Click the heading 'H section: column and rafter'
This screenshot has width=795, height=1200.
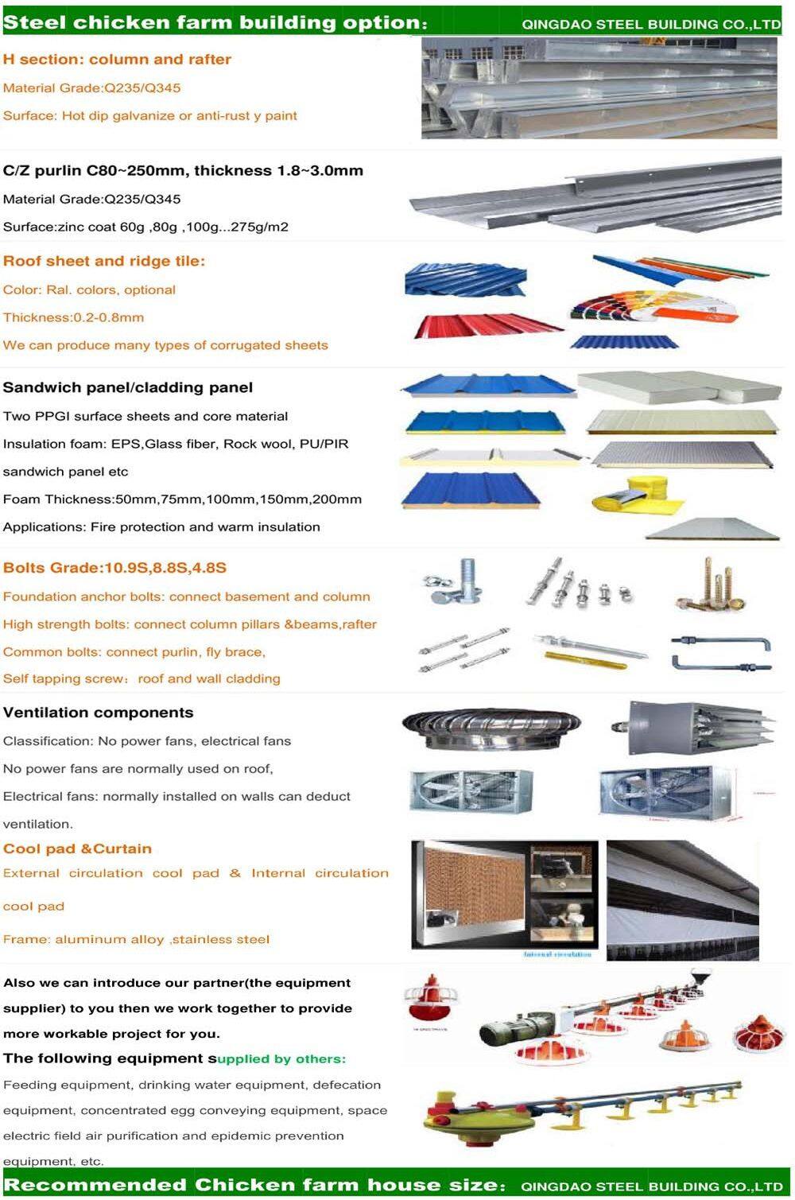point(117,60)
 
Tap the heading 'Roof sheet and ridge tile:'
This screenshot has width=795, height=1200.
point(104,262)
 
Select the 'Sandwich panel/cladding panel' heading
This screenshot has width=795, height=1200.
point(128,388)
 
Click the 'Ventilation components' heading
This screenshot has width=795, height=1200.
point(99,713)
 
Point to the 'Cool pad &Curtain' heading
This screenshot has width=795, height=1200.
point(77,849)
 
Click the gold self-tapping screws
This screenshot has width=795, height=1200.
point(710,586)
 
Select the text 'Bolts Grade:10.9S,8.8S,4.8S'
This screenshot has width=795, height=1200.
point(114,569)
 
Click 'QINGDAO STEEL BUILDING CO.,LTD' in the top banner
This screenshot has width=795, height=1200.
point(651,25)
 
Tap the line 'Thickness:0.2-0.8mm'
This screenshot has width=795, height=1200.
point(74,318)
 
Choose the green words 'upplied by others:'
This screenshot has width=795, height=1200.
point(281,1059)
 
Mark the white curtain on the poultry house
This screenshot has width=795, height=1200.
point(682,922)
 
